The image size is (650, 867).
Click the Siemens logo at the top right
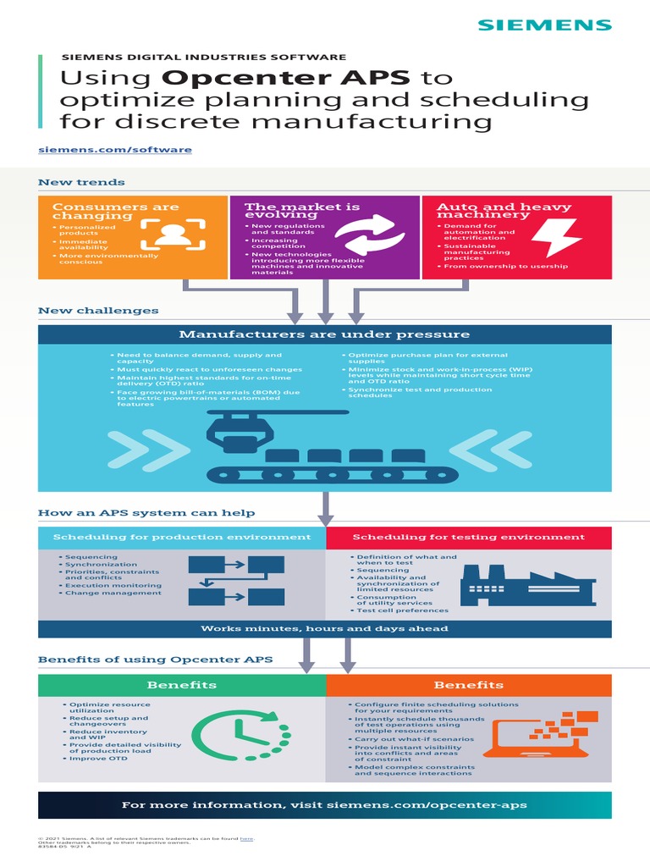[x=544, y=25]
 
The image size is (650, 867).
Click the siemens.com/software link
[x=115, y=150]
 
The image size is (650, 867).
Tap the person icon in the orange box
[x=173, y=235]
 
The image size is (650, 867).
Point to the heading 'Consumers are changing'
[x=116, y=211]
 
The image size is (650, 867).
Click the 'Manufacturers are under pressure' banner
[x=324, y=334]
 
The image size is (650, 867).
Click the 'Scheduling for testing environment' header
[x=468, y=537]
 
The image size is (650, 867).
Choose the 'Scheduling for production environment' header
[x=182, y=537]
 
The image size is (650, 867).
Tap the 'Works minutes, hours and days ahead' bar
[x=324, y=628]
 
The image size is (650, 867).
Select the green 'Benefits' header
[x=182, y=685]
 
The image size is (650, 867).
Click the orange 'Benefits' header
[x=468, y=685]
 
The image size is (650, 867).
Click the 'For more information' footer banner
[x=324, y=805]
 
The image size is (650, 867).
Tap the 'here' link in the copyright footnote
[x=246, y=839]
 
